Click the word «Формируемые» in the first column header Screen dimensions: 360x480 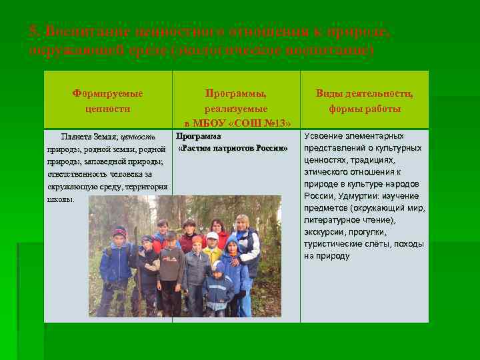(107, 94)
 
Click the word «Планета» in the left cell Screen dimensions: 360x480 (77, 136)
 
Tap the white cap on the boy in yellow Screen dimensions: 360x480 (212, 235)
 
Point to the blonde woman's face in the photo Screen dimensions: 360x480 (242, 223)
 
